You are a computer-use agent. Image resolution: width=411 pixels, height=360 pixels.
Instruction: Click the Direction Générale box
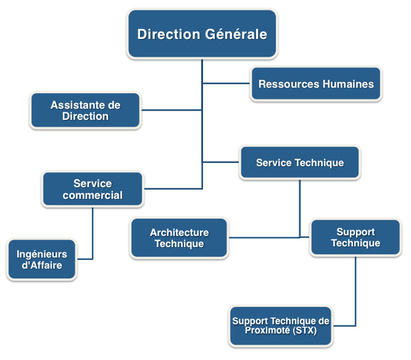coord(202,34)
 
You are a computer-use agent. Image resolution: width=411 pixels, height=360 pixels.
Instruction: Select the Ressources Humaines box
coord(316,83)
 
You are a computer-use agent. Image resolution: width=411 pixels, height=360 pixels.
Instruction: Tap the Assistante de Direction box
coord(86,111)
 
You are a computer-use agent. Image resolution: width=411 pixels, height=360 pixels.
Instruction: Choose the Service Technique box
coord(300,163)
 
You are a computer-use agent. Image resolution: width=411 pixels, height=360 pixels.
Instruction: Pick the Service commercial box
coord(93,189)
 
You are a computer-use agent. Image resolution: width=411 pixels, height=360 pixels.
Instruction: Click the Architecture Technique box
coord(179,238)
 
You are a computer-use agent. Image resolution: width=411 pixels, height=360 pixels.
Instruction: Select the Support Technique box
coord(355,238)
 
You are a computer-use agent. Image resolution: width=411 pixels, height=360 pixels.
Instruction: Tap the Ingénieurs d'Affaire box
coord(42,260)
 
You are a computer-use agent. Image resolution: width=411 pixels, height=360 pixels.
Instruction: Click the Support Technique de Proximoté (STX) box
coord(281,325)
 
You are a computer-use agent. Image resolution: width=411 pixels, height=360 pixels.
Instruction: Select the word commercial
coord(93,195)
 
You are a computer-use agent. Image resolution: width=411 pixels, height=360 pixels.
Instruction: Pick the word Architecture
coord(179,233)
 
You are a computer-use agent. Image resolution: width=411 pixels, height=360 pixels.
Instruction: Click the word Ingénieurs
coord(42,254)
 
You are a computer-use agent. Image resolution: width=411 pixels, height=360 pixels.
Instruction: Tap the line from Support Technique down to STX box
coord(356,290)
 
